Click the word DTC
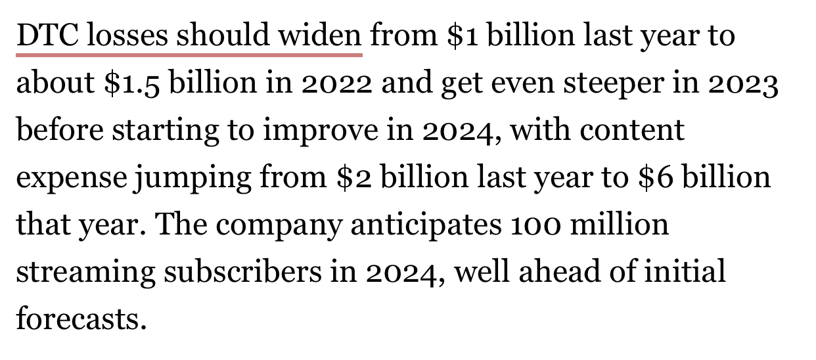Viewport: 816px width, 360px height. tap(47, 35)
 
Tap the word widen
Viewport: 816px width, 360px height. tap(320, 35)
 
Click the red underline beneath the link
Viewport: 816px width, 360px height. tap(189, 55)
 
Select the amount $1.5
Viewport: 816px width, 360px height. tap(132, 83)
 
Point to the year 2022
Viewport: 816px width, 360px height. tap(337, 83)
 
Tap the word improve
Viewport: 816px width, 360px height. tap(321, 131)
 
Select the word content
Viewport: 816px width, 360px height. tap(632, 130)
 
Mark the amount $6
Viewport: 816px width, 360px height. tap(656, 177)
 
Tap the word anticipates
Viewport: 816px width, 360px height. tap(426, 225)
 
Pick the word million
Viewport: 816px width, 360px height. tap(620, 224)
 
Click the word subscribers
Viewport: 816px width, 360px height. tap(242, 271)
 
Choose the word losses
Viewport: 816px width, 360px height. tap(127, 35)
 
